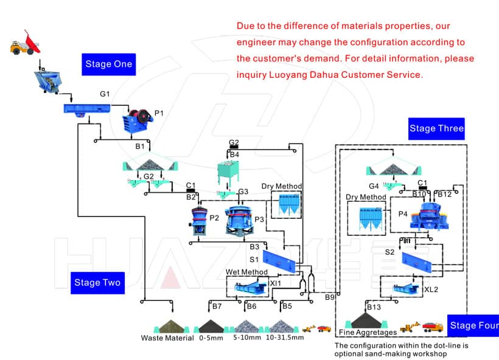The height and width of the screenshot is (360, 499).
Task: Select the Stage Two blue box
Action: pos(97,282)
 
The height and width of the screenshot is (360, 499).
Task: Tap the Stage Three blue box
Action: pos(436,128)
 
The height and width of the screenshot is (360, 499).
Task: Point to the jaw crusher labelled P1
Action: pos(138,120)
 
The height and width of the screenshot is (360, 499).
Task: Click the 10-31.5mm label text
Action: pos(284,338)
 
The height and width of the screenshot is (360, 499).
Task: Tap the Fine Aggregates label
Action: pos(368,333)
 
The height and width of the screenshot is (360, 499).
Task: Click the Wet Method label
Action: pos(247,272)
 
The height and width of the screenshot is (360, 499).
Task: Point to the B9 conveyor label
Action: pos(330,297)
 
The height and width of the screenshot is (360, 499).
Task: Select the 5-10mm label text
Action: pos(246,338)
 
